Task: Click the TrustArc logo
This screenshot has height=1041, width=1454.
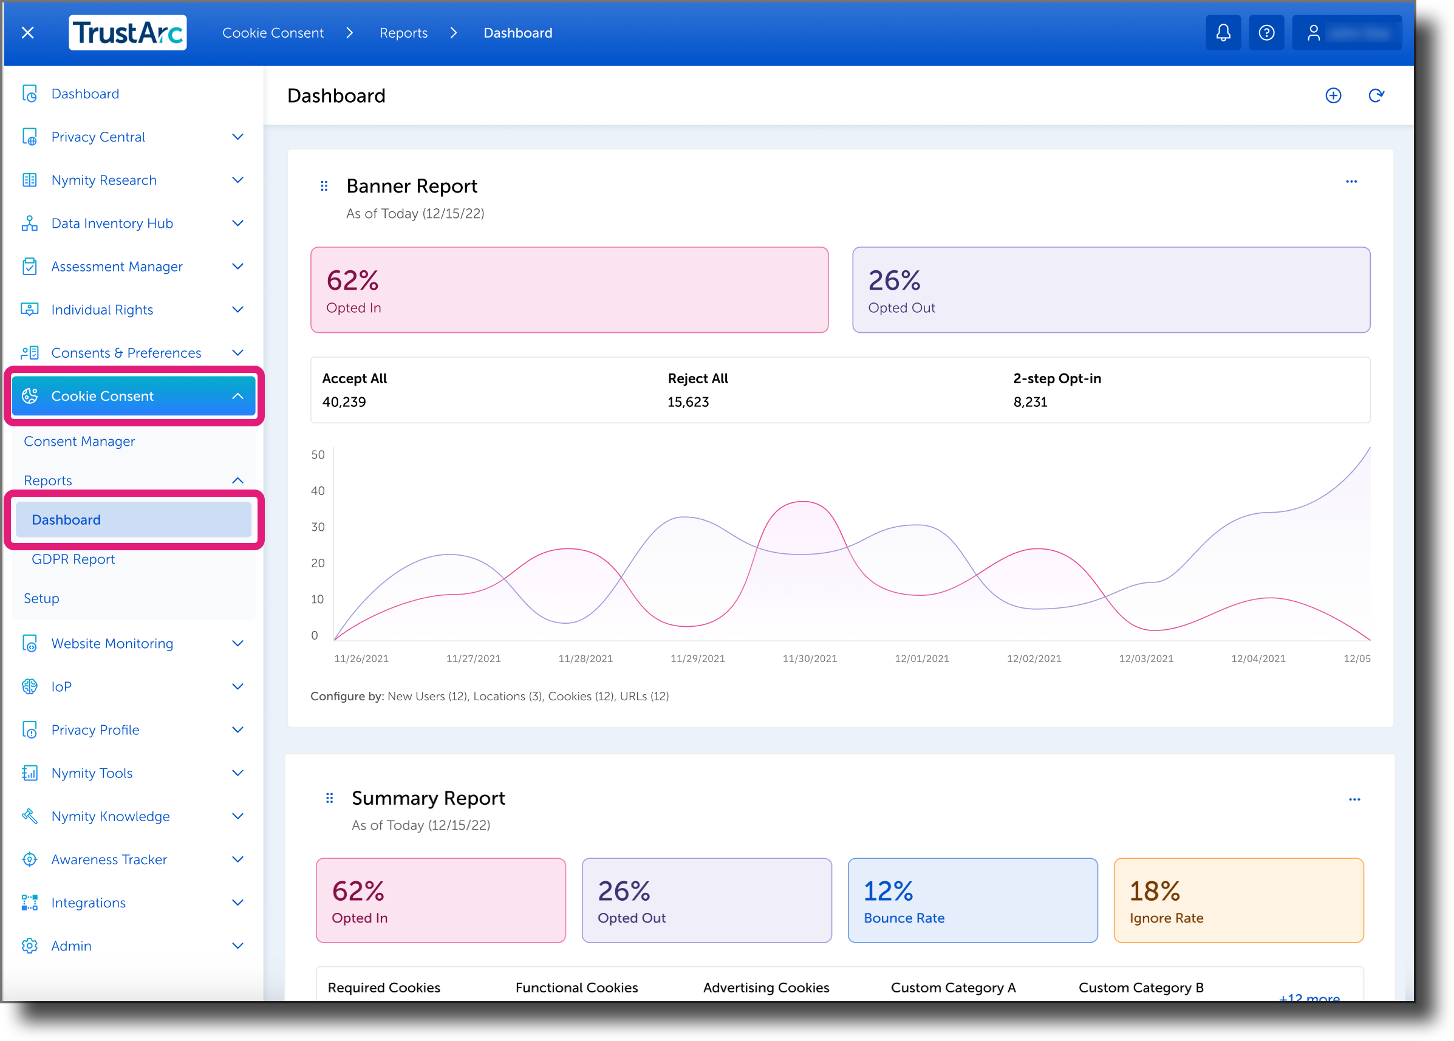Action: (x=128, y=33)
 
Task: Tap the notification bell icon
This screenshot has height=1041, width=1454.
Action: (x=1223, y=33)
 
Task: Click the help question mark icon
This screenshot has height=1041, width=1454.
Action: (x=1266, y=33)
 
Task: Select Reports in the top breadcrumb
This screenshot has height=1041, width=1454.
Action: (x=403, y=33)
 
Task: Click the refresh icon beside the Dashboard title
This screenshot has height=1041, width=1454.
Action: (x=1376, y=95)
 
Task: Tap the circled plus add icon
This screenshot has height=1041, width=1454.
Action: (x=1333, y=95)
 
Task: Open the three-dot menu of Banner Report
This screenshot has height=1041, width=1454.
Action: (x=1351, y=182)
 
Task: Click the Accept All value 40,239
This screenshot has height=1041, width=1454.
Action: (x=344, y=402)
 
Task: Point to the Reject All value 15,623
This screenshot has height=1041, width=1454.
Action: (x=688, y=402)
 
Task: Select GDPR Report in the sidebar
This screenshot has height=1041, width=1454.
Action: (x=73, y=559)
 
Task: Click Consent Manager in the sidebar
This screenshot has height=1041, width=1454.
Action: (x=80, y=441)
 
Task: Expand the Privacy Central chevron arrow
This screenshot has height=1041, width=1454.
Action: (x=238, y=137)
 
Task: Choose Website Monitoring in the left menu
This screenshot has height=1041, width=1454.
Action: (x=112, y=643)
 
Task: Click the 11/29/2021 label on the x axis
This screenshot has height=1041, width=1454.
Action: (x=697, y=658)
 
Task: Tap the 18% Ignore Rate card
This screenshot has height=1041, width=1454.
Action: (x=1238, y=900)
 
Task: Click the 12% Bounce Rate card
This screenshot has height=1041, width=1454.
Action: (x=972, y=900)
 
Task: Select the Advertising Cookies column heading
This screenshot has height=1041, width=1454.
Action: (x=765, y=987)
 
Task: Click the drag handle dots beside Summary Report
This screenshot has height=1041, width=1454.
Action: (x=330, y=798)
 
